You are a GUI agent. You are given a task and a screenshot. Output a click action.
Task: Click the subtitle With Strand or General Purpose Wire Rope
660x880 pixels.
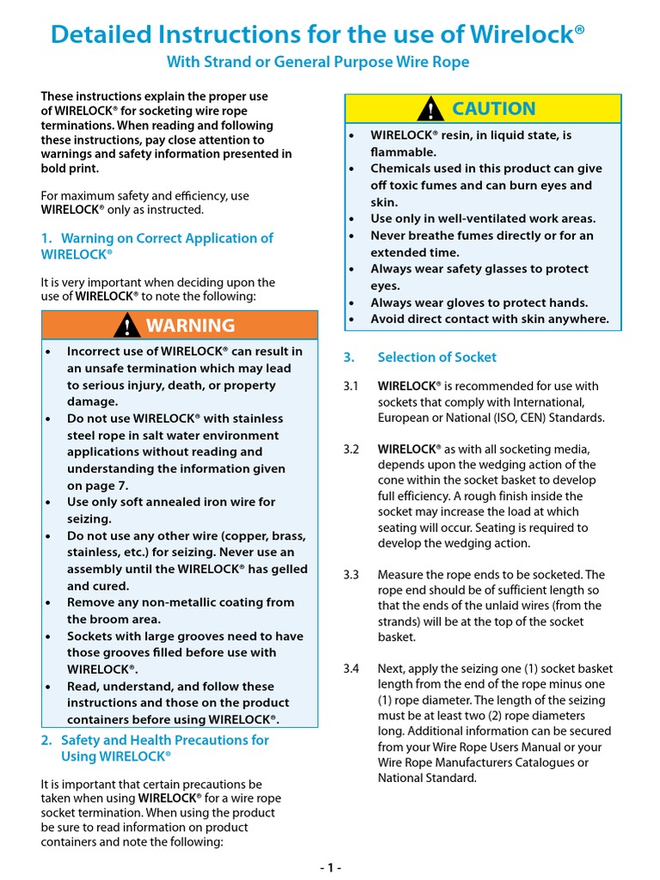[318, 63]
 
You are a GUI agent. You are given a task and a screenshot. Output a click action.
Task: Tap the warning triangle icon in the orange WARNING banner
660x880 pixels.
[128, 326]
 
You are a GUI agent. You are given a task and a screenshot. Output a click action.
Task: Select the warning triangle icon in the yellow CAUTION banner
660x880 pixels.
[430, 109]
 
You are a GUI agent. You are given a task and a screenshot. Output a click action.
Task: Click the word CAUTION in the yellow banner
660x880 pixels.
[493, 109]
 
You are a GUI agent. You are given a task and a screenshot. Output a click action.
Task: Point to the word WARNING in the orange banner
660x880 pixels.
[190, 326]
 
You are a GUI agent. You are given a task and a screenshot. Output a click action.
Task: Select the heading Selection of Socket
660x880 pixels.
[437, 357]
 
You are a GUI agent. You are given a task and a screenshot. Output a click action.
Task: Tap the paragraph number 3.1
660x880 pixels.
[351, 387]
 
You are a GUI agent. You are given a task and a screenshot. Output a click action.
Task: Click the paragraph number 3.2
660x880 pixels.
[351, 449]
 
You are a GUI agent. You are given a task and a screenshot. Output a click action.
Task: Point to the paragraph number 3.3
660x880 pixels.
[351, 575]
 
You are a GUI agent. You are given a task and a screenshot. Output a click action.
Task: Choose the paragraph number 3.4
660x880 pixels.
[351, 669]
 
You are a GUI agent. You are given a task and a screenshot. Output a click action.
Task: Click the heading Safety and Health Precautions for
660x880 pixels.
[164, 740]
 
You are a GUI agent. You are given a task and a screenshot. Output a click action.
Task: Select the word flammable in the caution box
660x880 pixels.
[403, 152]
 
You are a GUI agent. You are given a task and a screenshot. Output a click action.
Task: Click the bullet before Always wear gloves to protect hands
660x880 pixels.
[352, 302]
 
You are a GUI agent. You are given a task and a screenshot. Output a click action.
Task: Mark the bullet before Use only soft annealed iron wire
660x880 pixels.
[49, 502]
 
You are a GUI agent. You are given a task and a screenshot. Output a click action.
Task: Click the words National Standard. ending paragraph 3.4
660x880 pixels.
[427, 779]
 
